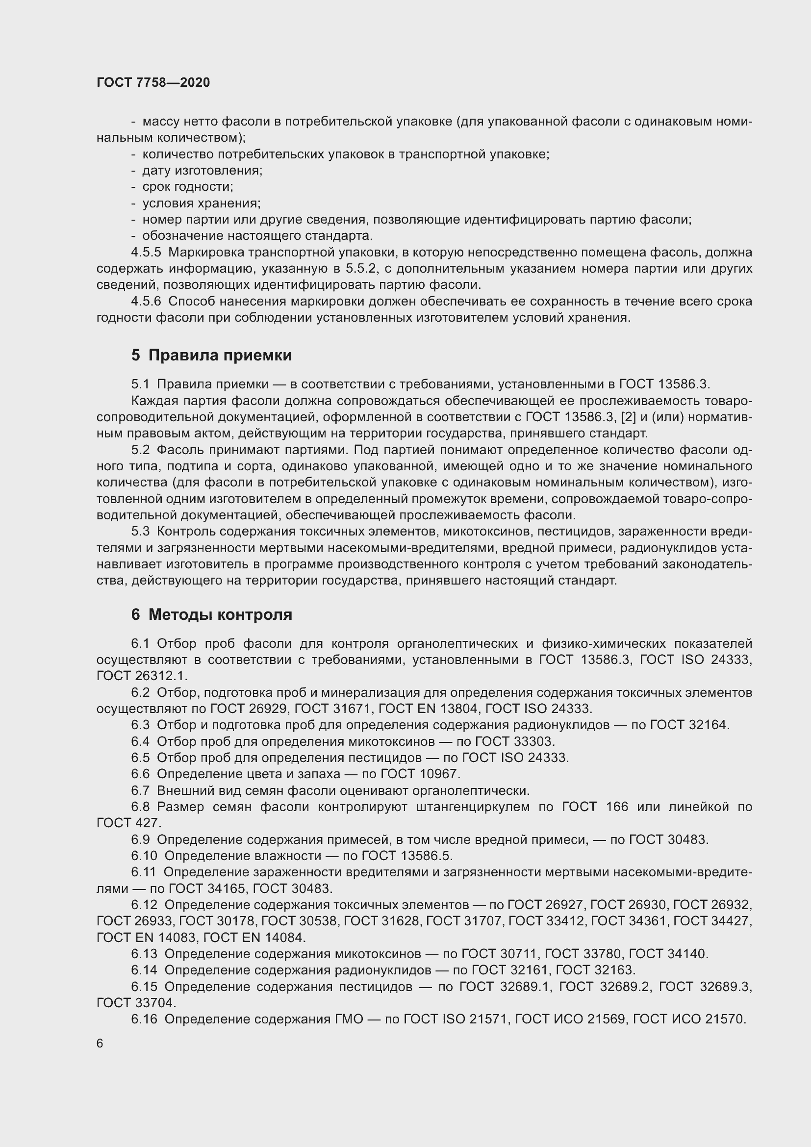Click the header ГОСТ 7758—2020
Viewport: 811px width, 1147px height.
(x=153, y=82)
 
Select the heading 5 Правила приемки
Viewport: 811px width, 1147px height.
(x=212, y=355)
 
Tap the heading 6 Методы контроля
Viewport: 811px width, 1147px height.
(x=212, y=614)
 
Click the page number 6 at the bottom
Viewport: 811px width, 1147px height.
(x=100, y=1043)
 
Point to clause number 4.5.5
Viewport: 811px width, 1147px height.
(x=146, y=252)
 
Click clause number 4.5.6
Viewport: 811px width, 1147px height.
(x=146, y=301)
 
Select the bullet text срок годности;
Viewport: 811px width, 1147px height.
(x=188, y=187)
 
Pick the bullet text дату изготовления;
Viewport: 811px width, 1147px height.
(x=202, y=170)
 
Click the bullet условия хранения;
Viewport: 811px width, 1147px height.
(x=201, y=204)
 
